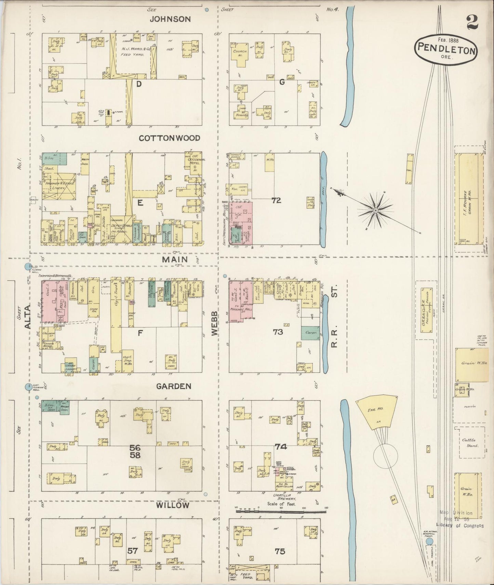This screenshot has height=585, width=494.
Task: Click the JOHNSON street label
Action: [170, 19]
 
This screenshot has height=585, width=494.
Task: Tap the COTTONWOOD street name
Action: [169, 138]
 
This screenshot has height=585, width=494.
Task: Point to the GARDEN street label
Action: [173, 386]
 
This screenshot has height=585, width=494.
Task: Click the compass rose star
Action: [375, 210]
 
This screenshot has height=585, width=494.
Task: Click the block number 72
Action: [276, 201]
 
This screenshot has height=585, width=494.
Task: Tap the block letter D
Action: [139, 84]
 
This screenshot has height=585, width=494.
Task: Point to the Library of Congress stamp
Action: [460, 519]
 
